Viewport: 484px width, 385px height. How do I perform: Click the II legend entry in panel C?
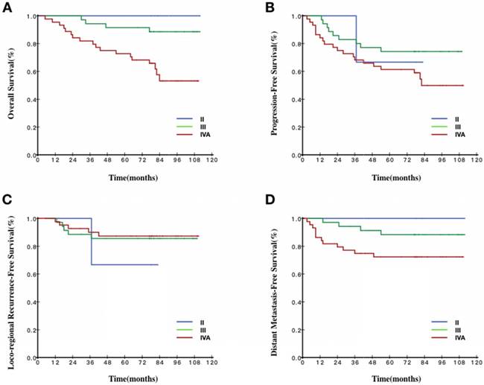200,322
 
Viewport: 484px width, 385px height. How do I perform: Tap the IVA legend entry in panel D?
459,337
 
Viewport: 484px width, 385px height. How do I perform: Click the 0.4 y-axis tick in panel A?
28,100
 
